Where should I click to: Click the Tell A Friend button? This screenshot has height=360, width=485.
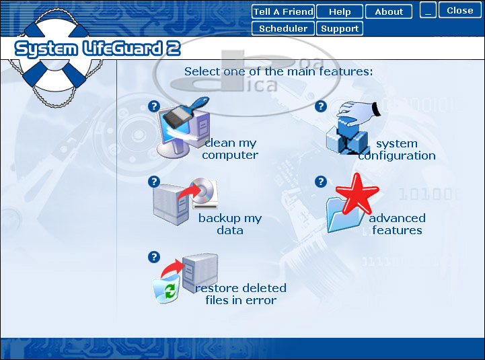(283, 11)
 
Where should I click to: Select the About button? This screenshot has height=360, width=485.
(389, 11)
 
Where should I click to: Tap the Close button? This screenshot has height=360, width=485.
(460, 11)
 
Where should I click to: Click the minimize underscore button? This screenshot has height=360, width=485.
(428, 11)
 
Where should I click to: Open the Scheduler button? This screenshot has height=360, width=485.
(283, 28)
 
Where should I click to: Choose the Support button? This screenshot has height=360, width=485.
(340, 28)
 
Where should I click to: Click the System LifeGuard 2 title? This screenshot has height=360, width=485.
(98, 49)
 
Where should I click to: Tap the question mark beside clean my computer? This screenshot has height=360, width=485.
(154, 106)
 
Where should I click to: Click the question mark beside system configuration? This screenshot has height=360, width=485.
(321, 106)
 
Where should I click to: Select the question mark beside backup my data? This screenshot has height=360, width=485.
(154, 182)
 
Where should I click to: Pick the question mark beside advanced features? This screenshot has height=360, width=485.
(321, 182)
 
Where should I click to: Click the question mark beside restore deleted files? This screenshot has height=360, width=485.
(154, 257)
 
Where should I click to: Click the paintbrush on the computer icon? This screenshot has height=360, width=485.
(185, 113)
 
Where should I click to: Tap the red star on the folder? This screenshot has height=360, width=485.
(358, 193)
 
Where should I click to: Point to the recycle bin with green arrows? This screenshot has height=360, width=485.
(167, 289)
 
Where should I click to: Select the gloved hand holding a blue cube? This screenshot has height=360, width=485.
(359, 114)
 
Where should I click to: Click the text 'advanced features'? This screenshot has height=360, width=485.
(397, 224)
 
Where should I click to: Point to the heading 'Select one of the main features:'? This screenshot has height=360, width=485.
(278, 71)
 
